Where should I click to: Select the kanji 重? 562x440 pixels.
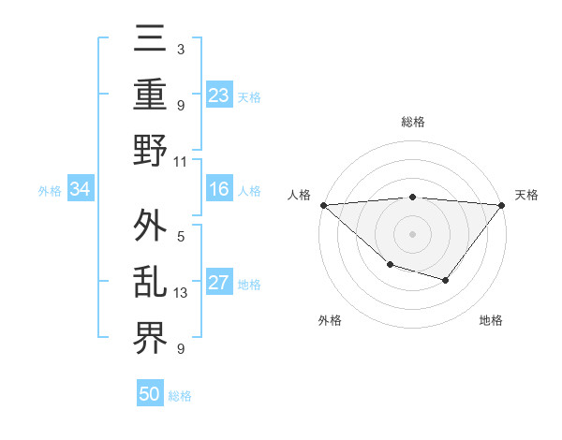click(x=151, y=95)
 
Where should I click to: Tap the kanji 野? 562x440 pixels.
click(x=151, y=152)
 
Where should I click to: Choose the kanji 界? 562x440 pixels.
click(x=151, y=338)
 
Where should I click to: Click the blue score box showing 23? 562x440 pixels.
click(x=219, y=95)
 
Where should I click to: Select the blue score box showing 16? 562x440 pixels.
click(x=219, y=189)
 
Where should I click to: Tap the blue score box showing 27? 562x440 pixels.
click(x=219, y=284)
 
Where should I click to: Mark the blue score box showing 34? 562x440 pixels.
click(x=80, y=190)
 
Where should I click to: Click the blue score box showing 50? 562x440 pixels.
click(x=150, y=394)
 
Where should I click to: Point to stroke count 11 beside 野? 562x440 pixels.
click(x=181, y=161)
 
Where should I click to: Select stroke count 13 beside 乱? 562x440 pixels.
click(x=181, y=292)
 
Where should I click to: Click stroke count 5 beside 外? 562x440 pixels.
click(x=181, y=236)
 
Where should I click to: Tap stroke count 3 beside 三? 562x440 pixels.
click(x=181, y=49)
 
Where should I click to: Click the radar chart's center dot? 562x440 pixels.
click(x=412, y=233)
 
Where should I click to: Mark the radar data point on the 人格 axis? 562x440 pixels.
click(x=323, y=204)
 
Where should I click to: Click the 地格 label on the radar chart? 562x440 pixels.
click(x=491, y=320)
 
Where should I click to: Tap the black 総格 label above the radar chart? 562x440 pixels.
click(x=412, y=122)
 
